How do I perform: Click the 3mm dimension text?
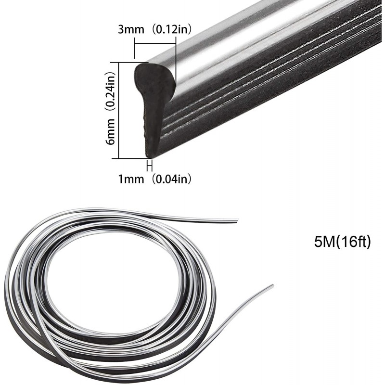click(x=131, y=30)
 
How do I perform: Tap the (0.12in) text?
click(x=171, y=30)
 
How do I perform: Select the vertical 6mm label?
click(x=111, y=131)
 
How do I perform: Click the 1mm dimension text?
click(x=131, y=179)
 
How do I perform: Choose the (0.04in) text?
click(x=171, y=179)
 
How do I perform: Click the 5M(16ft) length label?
click(x=342, y=243)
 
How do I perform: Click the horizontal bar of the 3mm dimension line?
click(x=155, y=44)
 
